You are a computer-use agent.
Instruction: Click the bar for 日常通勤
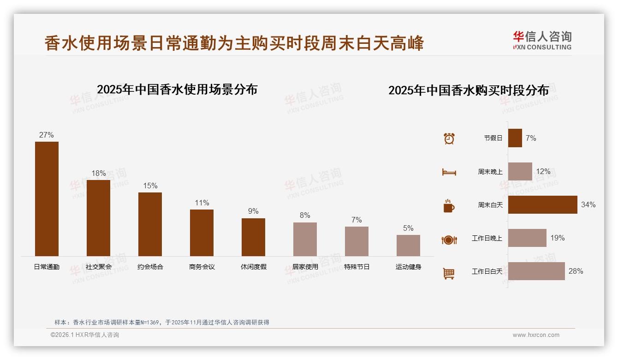47,198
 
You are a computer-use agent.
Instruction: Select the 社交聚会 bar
98,218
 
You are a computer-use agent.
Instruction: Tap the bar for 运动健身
408,246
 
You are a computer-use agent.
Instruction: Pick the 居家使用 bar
305,239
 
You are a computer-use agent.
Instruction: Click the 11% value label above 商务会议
202,203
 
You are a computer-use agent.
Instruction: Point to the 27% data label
47,135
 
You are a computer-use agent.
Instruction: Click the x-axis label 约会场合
150,267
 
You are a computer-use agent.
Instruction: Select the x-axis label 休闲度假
253,267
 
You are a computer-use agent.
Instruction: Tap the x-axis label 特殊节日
357,267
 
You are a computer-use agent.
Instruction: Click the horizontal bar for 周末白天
542,204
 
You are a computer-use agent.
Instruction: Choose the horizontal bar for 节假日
515,138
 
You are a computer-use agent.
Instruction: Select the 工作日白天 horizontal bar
536,271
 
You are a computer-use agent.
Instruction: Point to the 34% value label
588,204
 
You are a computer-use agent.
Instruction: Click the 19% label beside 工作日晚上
557,238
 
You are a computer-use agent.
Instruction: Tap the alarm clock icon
449,138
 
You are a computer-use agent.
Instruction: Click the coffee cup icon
449,206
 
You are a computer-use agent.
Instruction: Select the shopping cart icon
449,273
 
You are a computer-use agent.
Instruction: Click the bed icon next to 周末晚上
449,172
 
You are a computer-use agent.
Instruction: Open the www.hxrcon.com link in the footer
535,335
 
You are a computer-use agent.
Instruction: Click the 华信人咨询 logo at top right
542,40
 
